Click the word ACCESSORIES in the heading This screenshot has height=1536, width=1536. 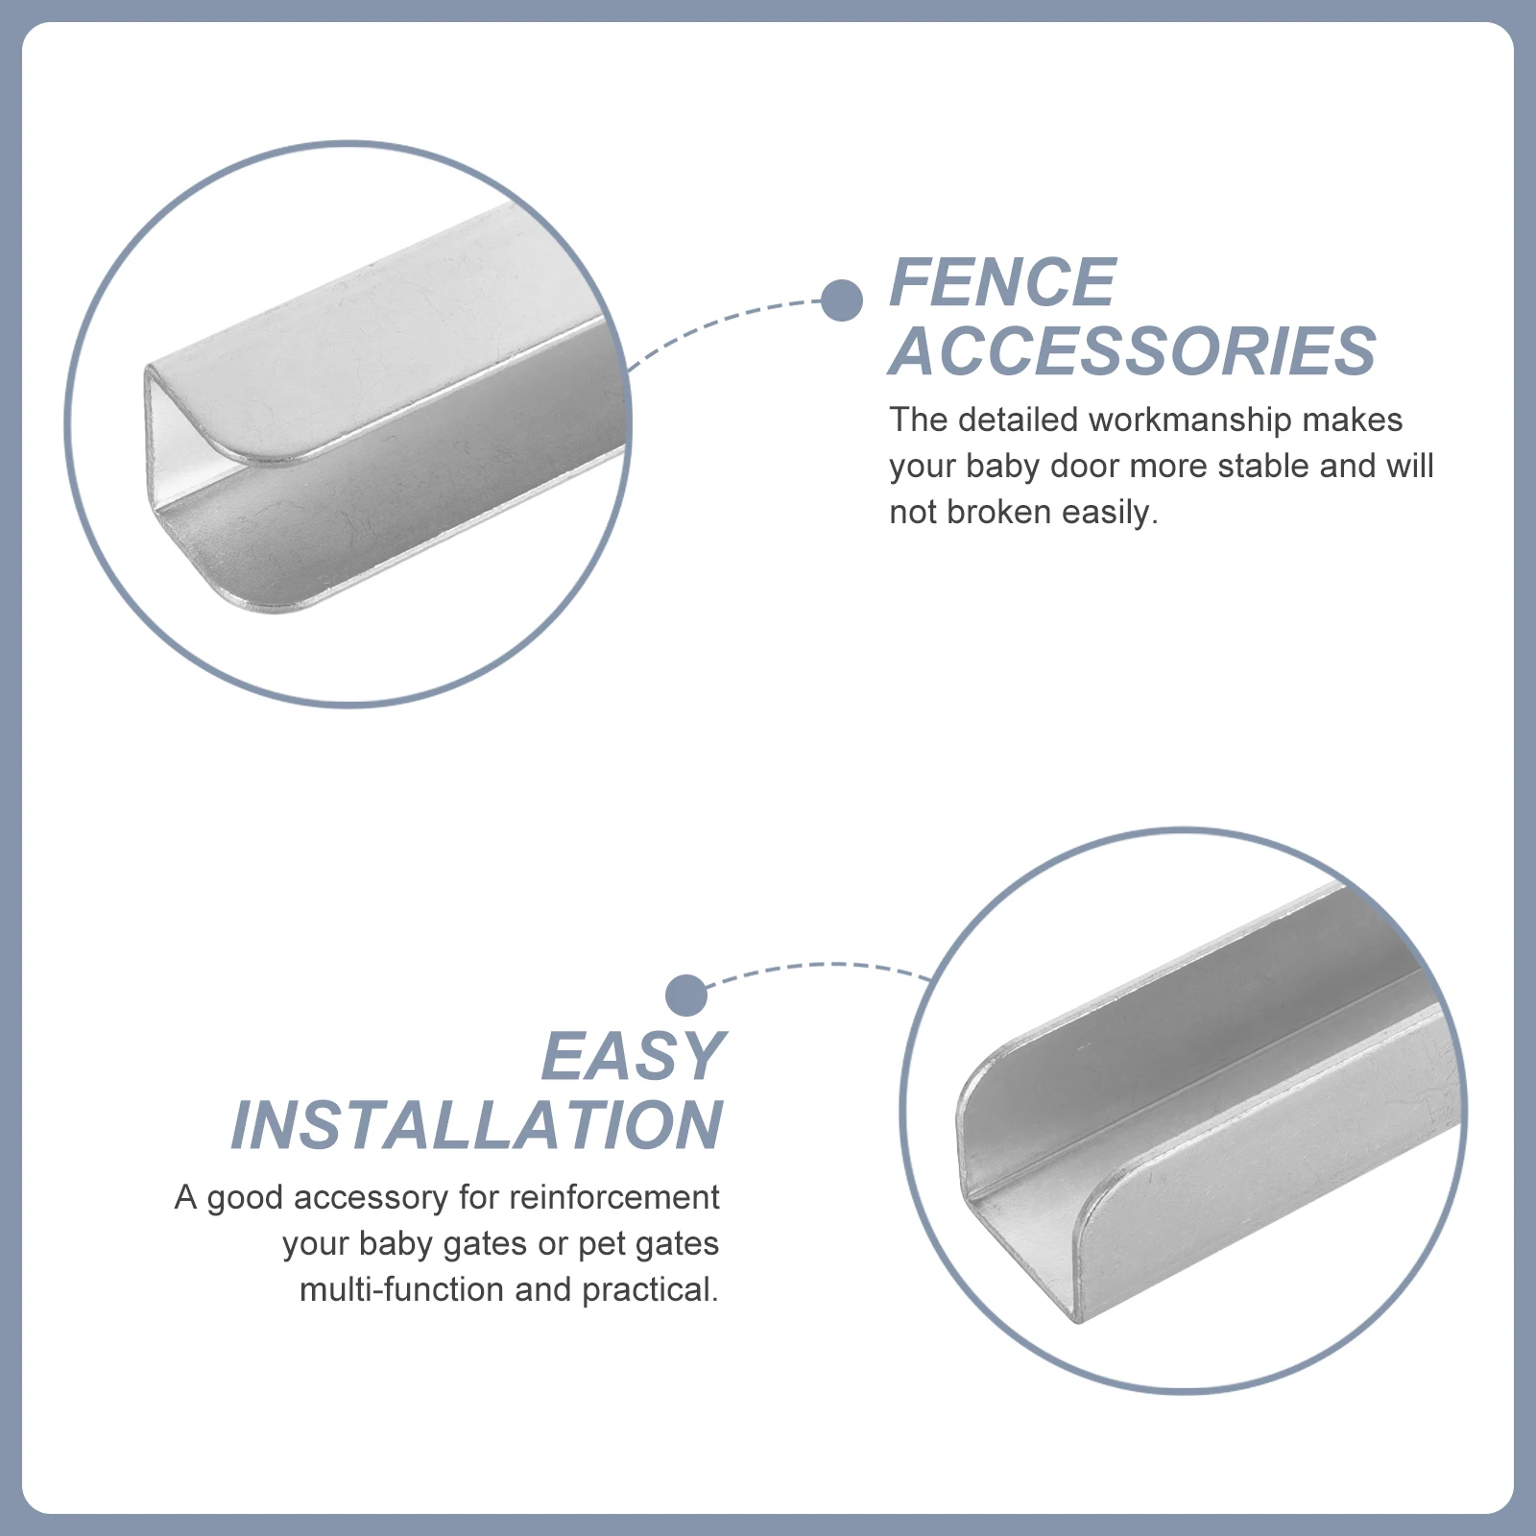[x=1133, y=351]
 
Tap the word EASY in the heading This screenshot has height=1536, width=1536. [x=633, y=1057]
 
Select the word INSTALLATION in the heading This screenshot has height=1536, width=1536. [x=477, y=1126]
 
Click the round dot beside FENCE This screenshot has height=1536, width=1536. [x=842, y=300]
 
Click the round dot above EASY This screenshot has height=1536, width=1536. [x=685, y=996]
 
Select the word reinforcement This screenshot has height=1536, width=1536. [x=613, y=1198]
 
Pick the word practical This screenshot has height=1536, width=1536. [x=650, y=1290]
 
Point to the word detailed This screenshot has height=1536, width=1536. [x=1019, y=420]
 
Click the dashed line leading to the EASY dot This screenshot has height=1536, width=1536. [x=826, y=965]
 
